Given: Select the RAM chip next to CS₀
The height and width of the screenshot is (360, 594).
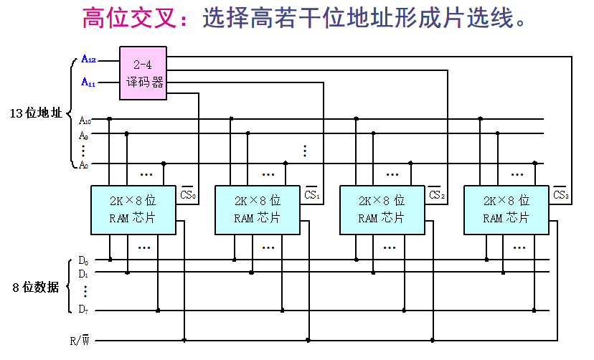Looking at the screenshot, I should [x=133, y=209].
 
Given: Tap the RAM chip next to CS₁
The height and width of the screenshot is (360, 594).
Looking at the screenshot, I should [x=258, y=209].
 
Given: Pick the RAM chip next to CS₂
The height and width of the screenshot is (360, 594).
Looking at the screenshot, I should [x=382, y=209].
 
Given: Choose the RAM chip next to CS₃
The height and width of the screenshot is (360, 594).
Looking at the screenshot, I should [x=506, y=209].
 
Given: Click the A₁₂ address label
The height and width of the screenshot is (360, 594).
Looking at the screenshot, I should [x=88, y=59].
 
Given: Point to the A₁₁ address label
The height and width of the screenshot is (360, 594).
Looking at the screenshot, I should [x=88, y=83].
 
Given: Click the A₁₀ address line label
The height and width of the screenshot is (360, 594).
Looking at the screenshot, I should [x=85, y=120].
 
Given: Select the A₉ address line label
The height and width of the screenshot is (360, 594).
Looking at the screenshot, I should [x=84, y=135].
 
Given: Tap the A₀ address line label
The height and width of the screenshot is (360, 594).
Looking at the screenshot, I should [x=84, y=164].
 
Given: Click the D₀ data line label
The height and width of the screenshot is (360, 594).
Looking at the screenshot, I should [x=83, y=260].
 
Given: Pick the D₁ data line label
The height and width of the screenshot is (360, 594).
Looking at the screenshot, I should [x=83, y=273].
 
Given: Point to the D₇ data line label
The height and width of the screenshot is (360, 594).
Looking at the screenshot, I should [x=83, y=310].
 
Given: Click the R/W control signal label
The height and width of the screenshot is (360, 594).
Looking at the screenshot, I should [x=79, y=341].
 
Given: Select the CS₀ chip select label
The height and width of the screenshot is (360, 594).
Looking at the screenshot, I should [x=188, y=194].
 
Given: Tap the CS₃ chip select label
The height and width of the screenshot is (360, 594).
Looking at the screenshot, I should [x=561, y=194].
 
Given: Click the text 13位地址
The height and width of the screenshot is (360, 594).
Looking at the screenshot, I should [x=36, y=113].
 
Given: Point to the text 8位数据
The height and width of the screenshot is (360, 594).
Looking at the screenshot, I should [x=36, y=288].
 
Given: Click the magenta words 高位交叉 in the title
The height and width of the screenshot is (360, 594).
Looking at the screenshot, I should [x=128, y=19].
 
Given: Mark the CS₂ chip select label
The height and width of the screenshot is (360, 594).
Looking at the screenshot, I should [x=436, y=194].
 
